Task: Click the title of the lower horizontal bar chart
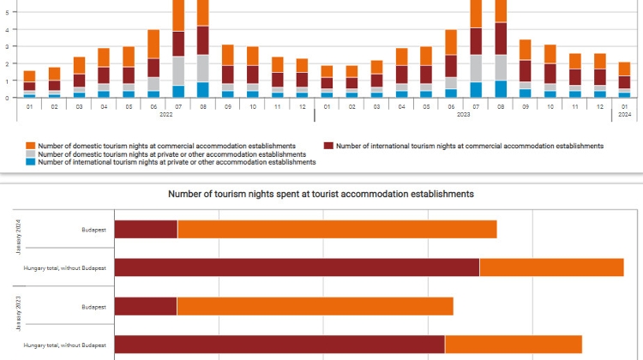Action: [x=321, y=195]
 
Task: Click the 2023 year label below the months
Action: [x=464, y=114]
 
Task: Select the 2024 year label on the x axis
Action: [x=625, y=114]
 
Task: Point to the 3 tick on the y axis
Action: [x=8, y=46]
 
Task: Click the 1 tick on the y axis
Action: [x=8, y=81]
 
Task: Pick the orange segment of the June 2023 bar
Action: [x=451, y=42]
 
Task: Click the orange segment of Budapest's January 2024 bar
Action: [x=337, y=229]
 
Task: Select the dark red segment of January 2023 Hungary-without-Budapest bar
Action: [x=279, y=345]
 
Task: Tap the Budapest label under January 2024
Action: [x=93, y=230]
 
